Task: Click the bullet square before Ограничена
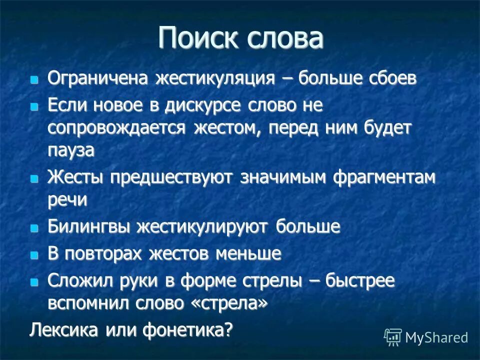pos(34,79)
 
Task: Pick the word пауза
pos(71,150)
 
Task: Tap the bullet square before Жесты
pos(34,178)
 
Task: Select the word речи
pos(67,199)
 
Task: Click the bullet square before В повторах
pos(34,254)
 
